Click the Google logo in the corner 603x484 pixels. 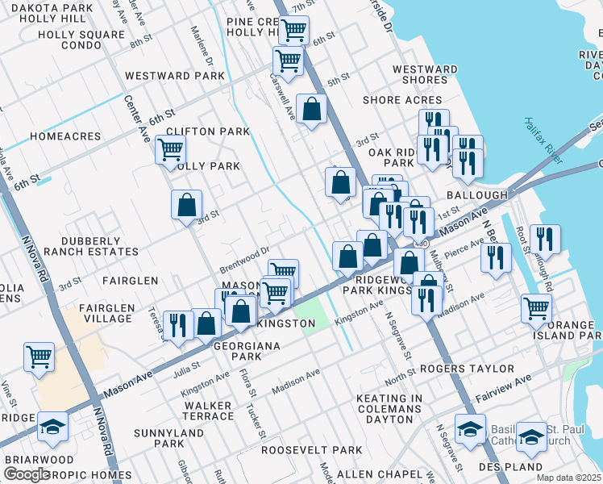point(27,474)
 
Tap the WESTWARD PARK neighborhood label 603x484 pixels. point(175,76)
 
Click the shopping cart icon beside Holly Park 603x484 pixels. point(170,149)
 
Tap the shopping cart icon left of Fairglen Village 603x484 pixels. point(39,356)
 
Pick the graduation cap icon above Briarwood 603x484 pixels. point(53,428)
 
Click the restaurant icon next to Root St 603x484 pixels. point(545,239)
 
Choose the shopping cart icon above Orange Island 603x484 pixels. point(536,307)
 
